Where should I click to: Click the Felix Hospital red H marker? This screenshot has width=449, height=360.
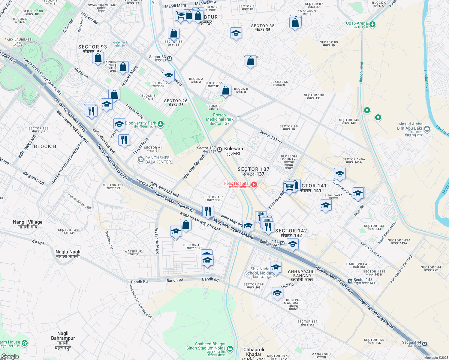[x=254, y=185]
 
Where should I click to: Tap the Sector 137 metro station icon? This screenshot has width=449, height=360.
[x=220, y=149]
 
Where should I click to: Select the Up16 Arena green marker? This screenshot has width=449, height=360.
[x=372, y=24]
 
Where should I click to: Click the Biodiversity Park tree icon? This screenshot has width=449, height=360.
[x=161, y=124]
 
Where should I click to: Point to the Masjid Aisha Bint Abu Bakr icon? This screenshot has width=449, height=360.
[x=427, y=129]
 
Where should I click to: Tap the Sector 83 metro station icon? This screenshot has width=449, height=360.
[x=170, y=58]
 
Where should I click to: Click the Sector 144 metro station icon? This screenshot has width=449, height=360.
[x=424, y=344]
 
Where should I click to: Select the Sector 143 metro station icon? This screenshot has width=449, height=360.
[x=350, y=281]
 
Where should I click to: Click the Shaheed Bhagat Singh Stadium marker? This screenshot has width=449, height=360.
[x=230, y=349]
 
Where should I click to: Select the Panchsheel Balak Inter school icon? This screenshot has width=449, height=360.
[x=140, y=160]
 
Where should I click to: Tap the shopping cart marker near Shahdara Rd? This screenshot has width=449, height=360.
[x=289, y=187]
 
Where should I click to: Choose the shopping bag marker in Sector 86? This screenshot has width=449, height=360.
[x=250, y=61]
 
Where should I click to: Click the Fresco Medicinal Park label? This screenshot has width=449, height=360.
[x=219, y=119]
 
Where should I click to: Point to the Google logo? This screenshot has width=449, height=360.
[x=10, y=356]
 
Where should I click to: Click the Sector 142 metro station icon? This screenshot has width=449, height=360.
[x=282, y=243]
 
